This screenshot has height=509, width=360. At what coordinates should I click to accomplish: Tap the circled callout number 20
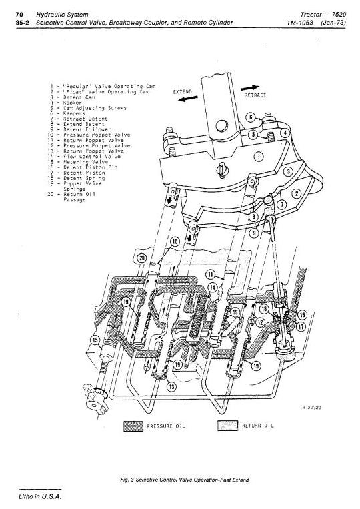click(x=142, y=258)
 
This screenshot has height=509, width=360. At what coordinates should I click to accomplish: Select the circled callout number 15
click(x=95, y=340)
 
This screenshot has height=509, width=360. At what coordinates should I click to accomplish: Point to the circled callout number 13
click(x=171, y=386)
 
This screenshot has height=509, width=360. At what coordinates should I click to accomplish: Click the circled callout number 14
click(x=213, y=287)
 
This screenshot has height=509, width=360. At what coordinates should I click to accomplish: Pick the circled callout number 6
click(x=250, y=117)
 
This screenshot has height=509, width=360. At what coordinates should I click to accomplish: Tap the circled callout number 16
click(x=302, y=315)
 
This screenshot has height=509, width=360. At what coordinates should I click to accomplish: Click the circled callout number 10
click(x=175, y=242)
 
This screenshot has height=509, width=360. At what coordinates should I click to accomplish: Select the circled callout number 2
click(x=296, y=194)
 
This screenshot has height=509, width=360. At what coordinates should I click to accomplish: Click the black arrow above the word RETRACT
click(x=250, y=88)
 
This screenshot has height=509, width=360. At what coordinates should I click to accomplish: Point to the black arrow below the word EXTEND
click(x=188, y=98)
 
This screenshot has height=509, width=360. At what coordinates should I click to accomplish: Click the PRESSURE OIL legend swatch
click(x=133, y=426)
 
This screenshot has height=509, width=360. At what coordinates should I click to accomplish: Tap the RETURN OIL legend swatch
click(x=228, y=426)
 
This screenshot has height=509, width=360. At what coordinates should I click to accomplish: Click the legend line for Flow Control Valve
click(x=84, y=156)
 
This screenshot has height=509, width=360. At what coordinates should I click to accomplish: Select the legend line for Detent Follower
click(x=80, y=129)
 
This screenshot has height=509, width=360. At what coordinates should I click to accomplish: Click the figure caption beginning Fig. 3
click(x=185, y=480)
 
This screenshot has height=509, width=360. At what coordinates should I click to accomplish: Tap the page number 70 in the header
click(x=19, y=15)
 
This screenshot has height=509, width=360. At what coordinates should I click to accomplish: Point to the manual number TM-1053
click(x=300, y=23)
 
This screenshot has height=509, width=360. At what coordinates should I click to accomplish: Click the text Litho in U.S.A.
click(x=40, y=496)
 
